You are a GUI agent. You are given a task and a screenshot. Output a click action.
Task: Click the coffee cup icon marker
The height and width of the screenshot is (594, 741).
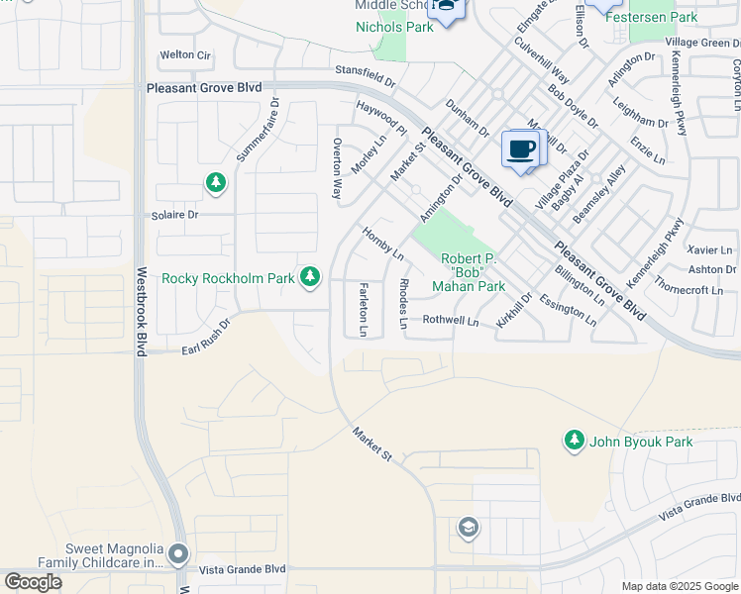pyautogui.click(x=521, y=149)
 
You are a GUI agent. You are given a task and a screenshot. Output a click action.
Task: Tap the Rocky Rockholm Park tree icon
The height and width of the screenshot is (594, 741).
pyautogui.click(x=311, y=278)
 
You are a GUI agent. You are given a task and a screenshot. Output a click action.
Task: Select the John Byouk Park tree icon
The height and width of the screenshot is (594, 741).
pyautogui.click(x=574, y=441)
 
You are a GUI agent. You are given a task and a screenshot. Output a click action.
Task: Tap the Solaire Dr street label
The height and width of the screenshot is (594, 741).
pyautogui.click(x=174, y=214)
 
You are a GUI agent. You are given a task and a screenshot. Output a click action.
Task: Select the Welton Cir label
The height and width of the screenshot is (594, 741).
pyautogui.click(x=186, y=55)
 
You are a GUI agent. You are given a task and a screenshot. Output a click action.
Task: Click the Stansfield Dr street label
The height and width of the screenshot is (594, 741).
pyautogui.click(x=365, y=70)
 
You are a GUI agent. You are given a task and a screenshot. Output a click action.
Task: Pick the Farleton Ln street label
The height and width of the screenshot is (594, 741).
pyautogui.click(x=364, y=308)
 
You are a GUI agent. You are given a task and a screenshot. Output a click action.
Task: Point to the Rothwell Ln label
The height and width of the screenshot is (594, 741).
pyautogui.click(x=451, y=320)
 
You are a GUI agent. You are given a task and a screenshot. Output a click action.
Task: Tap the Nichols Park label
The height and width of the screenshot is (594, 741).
pyautogui.click(x=394, y=27)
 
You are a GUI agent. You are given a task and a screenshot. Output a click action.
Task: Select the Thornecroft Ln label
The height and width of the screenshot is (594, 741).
pyautogui.click(x=690, y=290)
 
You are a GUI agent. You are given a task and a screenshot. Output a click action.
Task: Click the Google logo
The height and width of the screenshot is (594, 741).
pyautogui.click(x=33, y=582)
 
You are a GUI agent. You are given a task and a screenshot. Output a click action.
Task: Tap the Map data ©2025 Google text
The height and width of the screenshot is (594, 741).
pyautogui.click(x=679, y=586)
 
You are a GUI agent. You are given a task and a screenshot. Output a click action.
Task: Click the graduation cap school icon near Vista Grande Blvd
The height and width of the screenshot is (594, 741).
pyautogui.click(x=468, y=528)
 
